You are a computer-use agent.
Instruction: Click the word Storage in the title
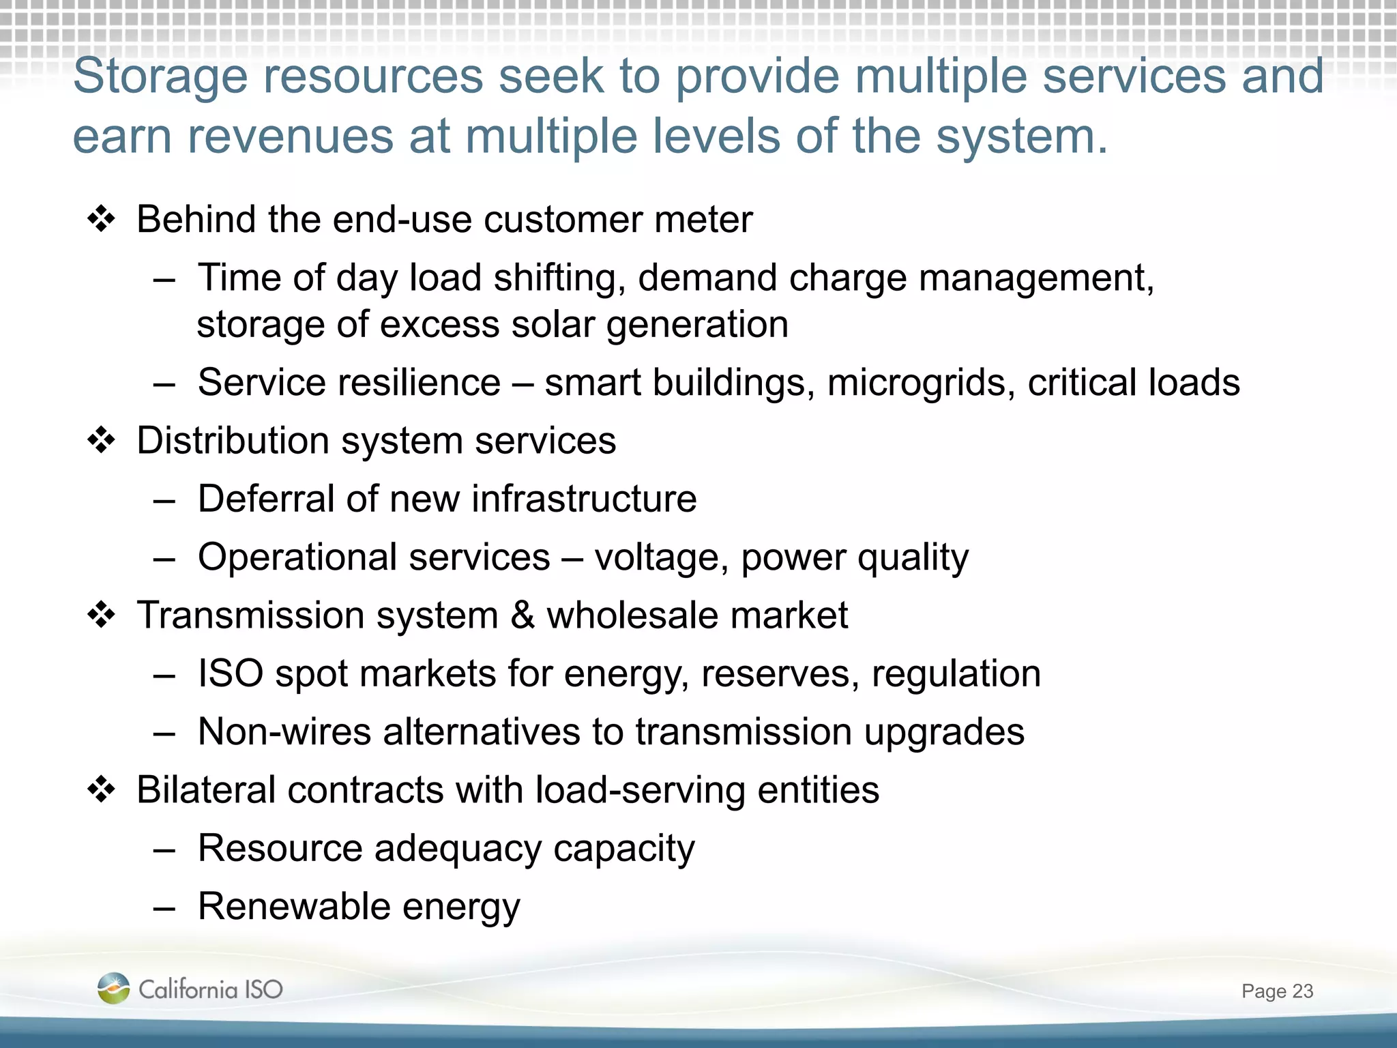(160, 76)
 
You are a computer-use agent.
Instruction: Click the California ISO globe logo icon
(113, 988)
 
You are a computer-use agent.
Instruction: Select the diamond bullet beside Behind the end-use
(102, 220)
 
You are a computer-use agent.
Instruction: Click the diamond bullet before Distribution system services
(102, 441)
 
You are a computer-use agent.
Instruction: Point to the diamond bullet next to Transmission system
(102, 615)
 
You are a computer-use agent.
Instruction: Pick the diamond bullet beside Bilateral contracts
(102, 790)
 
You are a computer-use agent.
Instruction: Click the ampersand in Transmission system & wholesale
(523, 615)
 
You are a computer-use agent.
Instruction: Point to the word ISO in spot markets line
(230, 674)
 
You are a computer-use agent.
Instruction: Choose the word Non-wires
(284, 732)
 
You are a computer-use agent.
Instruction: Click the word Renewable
(293, 907)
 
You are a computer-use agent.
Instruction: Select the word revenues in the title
(291, 136)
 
